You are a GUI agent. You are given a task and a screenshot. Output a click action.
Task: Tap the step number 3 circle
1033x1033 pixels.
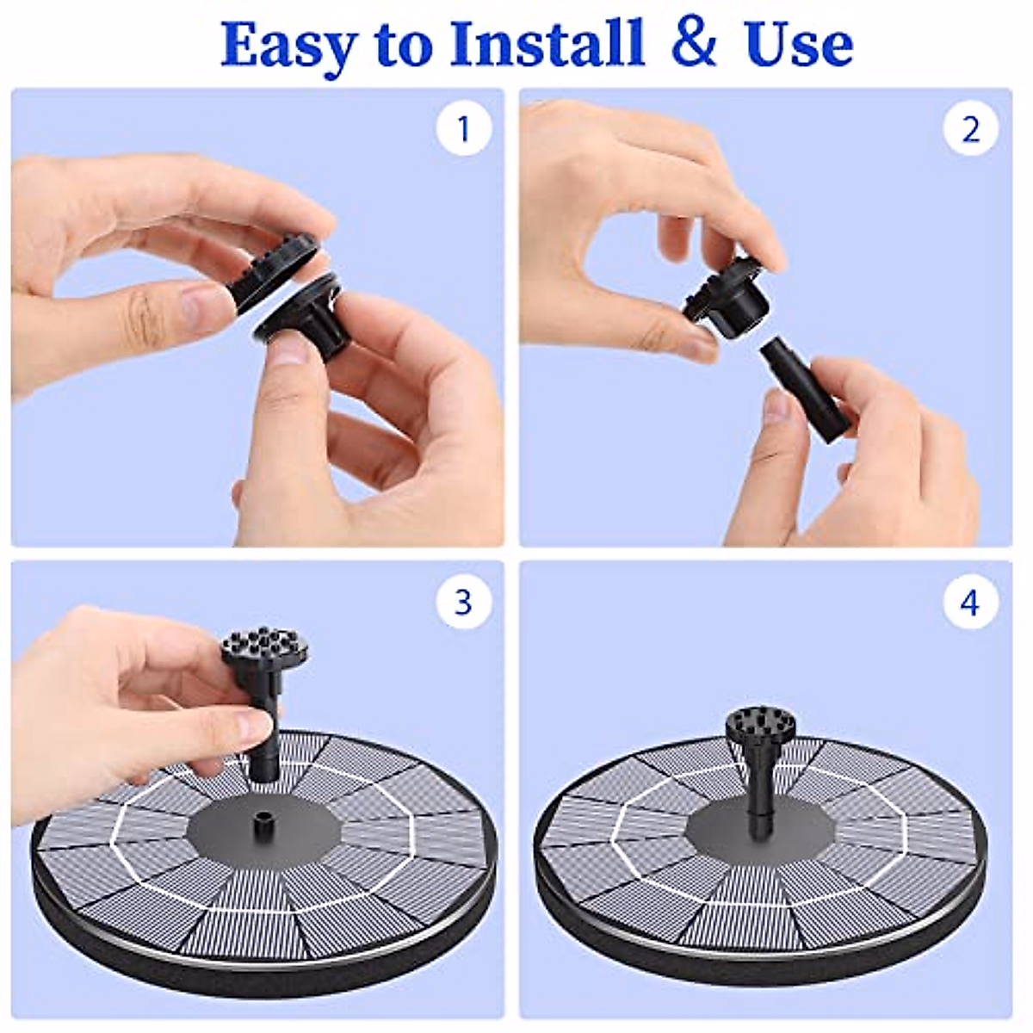[x=464, y=602]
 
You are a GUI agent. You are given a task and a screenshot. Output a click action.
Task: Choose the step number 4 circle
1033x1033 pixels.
[x=970, y=602]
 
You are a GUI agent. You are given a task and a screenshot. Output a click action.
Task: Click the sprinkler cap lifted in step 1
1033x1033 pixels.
[x=279, y=274]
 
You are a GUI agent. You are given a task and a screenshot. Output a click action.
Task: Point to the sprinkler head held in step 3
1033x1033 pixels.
[x=265, y=706]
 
